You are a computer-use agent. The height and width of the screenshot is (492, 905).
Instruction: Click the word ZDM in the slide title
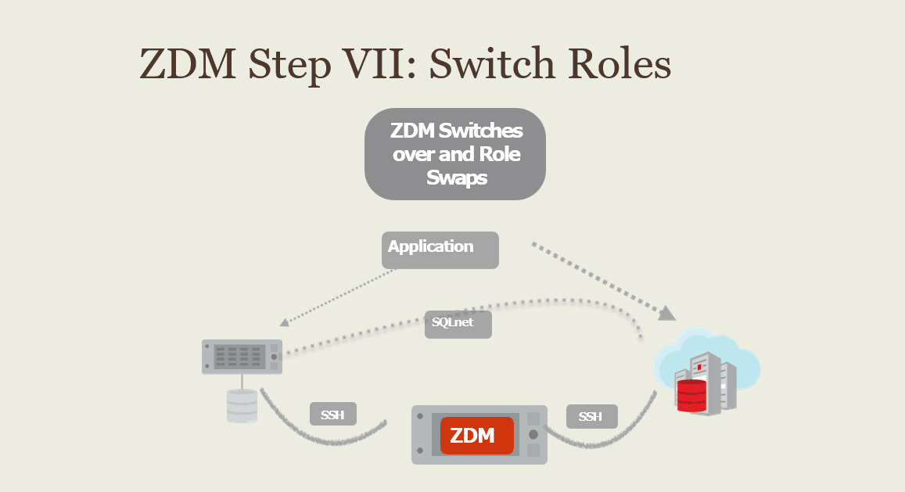[188, 64]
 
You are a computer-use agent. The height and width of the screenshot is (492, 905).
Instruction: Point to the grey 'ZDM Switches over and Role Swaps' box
[454, 153]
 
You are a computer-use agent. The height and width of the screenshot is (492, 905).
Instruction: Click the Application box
[440, 250]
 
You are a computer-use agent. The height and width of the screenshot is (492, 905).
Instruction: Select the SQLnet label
[458, 324]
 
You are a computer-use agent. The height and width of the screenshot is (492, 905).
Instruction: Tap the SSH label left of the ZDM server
[333, 415]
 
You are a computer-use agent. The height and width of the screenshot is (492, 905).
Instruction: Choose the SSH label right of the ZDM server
[591, 416]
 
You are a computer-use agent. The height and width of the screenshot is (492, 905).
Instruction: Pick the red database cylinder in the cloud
[692, 396]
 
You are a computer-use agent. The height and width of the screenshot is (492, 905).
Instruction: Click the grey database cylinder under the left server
[242, 406]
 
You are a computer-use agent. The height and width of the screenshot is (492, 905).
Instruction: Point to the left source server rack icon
[242, 357]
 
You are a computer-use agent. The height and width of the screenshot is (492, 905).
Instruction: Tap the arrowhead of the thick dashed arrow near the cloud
[667, 314]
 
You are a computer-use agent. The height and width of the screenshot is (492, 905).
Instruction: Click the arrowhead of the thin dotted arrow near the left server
[283, 321]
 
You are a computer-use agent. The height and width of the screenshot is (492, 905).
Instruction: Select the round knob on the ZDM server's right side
[533, 433]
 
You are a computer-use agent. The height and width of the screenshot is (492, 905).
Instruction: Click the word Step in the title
[286, 64]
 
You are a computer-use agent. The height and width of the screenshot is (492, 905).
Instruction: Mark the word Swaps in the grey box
[457, 178]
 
